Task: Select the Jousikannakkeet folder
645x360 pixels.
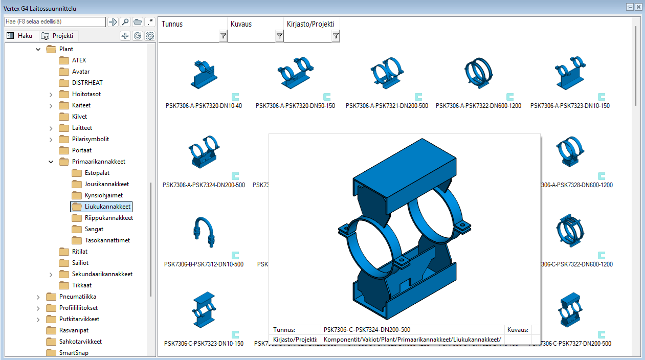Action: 106,184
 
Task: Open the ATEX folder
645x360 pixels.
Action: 79,60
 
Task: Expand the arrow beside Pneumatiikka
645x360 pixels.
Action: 38,297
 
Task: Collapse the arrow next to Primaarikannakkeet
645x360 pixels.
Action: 51,162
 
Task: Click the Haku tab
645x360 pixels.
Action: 20,36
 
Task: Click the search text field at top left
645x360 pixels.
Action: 54,22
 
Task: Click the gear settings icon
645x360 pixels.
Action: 150,36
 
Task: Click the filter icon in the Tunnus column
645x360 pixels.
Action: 223,36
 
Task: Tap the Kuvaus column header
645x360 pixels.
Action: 241,24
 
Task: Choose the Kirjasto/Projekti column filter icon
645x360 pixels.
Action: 336,36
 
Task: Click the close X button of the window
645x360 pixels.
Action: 638,7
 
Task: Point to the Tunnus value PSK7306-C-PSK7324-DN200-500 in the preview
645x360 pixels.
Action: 367,330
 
